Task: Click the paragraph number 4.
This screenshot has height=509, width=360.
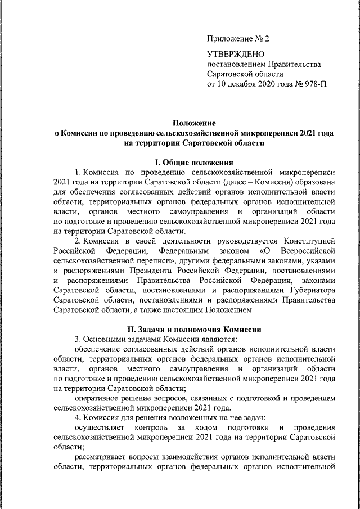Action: [x=77, y=417]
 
